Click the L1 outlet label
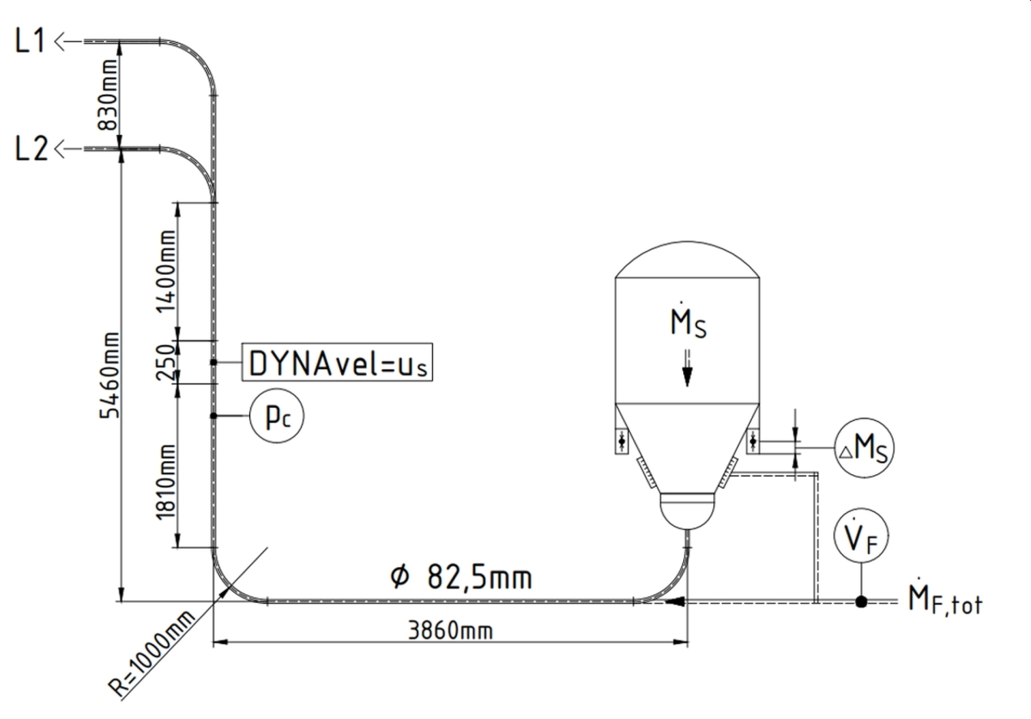(x=30, y=42)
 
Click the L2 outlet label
(x=30, y=149)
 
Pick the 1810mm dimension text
(x=167, y=479)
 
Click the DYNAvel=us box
(x=337, y=364)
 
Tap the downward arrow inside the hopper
(x=687, y=375)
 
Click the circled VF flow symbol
(x=861, y=539)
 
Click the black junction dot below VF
(x=861, y=602)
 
